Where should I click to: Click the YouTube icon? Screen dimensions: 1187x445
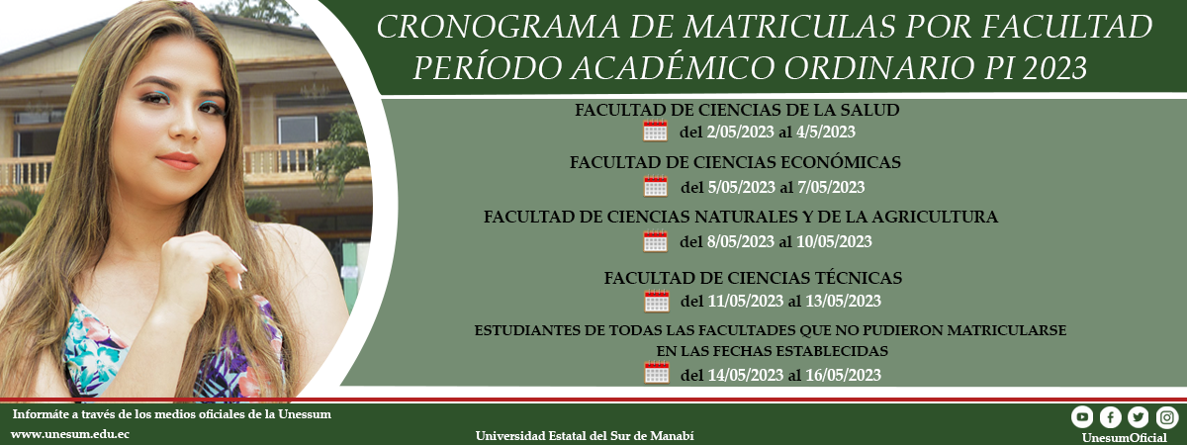[1082, 417]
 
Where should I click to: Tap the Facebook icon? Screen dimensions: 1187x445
[1110, 417]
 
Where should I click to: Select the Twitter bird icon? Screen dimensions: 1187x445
[1139, 417]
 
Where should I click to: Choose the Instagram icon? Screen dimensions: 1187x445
[1167, 417]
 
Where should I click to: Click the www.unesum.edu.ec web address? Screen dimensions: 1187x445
[70, 434]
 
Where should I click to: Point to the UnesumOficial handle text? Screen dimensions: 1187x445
[1124, 438]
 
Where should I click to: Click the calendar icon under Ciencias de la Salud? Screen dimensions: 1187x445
[655, 131]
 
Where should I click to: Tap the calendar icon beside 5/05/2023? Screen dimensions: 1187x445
[656, 186]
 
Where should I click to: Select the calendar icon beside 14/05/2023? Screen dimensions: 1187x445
[657, 373]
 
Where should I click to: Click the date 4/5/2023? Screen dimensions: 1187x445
[826, 132]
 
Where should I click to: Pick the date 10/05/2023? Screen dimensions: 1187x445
[834, 241]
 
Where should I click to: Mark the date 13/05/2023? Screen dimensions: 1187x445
[843, 301]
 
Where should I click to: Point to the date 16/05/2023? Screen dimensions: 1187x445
[843, 375]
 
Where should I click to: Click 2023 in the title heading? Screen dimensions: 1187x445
[1054, 67]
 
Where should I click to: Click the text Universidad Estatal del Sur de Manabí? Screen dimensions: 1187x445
[585, 436]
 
